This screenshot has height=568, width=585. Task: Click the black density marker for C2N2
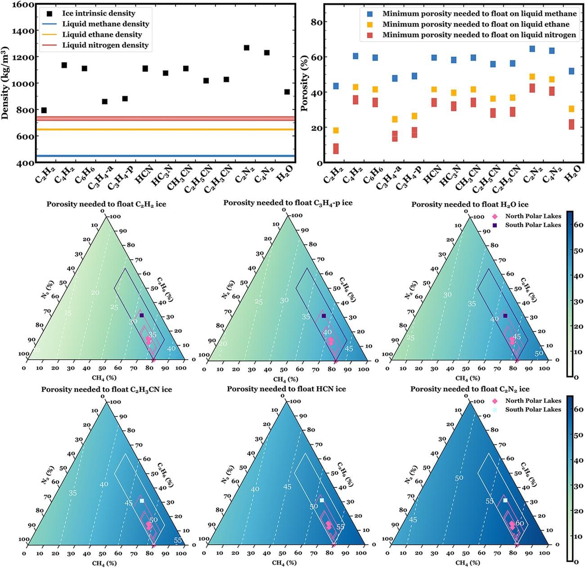click(x=246, y=48)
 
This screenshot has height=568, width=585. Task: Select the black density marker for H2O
click(x=287, y=92)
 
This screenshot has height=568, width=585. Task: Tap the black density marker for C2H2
click(x=44, y=110)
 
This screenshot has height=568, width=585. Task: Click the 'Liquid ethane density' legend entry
click(x=102, y=35)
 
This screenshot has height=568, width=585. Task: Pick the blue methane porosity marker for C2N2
click(x=532, y=49)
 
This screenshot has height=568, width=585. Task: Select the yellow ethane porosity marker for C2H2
click(x=336, y=131)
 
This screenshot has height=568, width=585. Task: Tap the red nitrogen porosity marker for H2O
click(x=571, y=124)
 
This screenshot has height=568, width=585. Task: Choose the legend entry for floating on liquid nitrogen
click(x=479, y=35)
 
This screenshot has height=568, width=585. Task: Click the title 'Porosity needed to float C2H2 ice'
click(x=106, y=204)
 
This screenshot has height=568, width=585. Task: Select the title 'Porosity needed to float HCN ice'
click(x=286, y=389)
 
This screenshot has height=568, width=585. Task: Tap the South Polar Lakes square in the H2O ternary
click(x=505, y=316)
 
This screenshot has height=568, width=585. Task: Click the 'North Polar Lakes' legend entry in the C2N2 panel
click(x=533, y=401)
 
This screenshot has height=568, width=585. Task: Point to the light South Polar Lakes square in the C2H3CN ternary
click(x=141, y=500)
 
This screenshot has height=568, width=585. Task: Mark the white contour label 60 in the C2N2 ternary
click(x=520, y=523)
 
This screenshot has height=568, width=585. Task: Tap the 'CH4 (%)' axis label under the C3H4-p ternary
click(x=285, y=379)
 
